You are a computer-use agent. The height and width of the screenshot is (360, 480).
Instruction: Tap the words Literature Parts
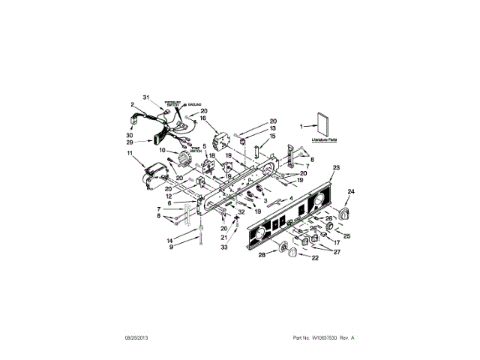(x=324, y=140)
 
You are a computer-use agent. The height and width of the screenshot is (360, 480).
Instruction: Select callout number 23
(x=336, y=167)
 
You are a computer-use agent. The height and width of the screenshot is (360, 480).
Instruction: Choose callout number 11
(x=130, y=154)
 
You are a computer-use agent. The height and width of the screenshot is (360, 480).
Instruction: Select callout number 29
(x=130, y=142)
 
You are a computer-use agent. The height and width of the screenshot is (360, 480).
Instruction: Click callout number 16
(x=202, y=118)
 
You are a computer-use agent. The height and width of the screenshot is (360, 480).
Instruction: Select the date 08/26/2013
(x=128, y=338)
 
